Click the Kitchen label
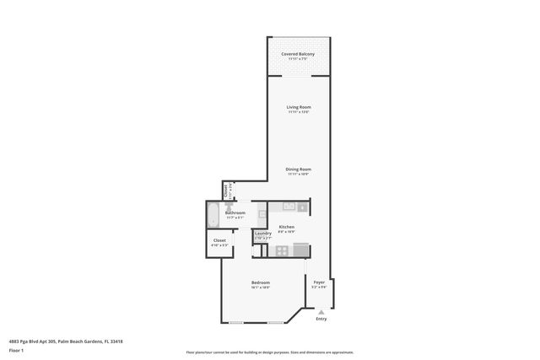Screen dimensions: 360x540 click(286, 227)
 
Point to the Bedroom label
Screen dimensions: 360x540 click(260, 282)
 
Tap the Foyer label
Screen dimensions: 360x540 click(319, 282)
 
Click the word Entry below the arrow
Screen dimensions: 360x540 click(321, 319)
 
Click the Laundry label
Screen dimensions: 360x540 click(262, 234)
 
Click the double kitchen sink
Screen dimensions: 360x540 click(288, 206)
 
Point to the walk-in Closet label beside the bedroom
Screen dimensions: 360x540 click(219, 240)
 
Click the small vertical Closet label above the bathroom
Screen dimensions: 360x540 click(225, 190)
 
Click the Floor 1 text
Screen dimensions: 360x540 click(16, 350)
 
